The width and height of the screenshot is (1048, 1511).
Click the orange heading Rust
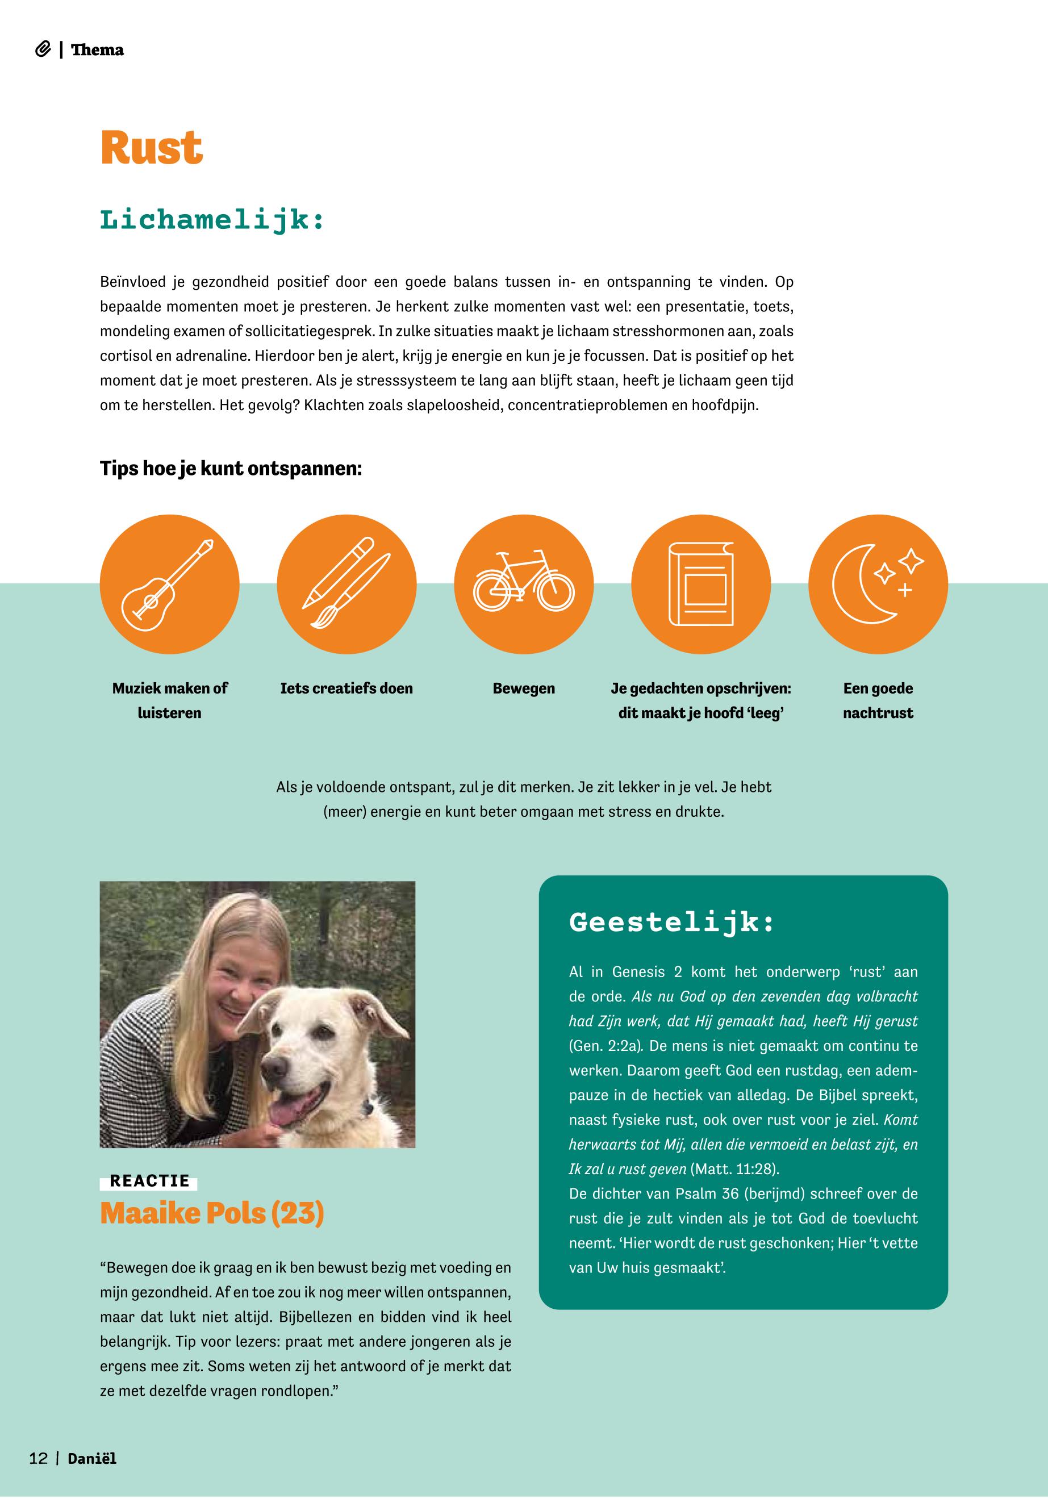(152, 148)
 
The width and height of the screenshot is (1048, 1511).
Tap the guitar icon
(169, 584)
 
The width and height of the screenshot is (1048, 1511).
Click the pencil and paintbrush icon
(346, 584)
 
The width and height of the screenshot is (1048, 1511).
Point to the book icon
(700, 584)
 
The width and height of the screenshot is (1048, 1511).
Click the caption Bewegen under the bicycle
(523, 688)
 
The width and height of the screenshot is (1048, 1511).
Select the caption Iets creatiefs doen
(346, 688)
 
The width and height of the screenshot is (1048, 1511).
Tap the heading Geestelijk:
(672, 922)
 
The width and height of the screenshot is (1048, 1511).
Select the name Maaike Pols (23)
(211, 1213)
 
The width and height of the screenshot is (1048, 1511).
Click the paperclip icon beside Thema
(43, 50)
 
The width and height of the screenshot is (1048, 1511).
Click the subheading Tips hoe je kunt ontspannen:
(231, 469)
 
